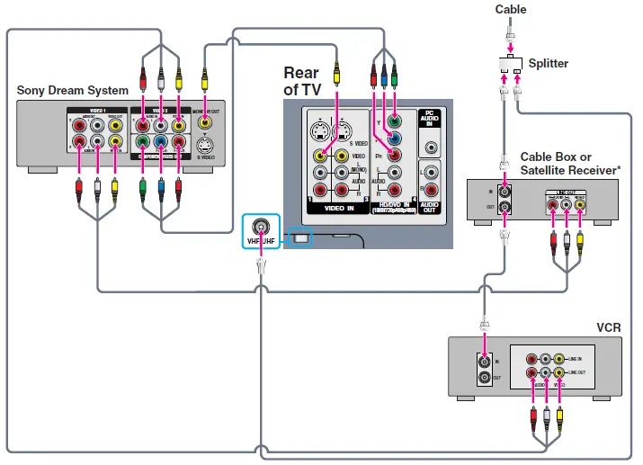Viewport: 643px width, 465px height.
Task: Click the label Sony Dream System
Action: coord(72,90)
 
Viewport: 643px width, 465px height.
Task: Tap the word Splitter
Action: coord(549,63)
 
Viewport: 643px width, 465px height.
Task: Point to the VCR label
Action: coord(608,326)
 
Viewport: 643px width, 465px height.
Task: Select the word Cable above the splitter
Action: coord(511,10)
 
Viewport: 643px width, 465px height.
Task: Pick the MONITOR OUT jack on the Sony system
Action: coord(207,123)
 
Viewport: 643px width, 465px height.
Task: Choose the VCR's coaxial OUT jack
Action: coord(487,378)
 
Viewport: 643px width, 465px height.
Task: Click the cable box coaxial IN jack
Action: coord(505,191)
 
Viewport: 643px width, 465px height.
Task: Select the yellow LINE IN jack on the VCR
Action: coord(558,359)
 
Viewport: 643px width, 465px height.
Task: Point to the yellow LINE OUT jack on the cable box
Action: coord(581,204)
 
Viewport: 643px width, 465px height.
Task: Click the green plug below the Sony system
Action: coord(142,188)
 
